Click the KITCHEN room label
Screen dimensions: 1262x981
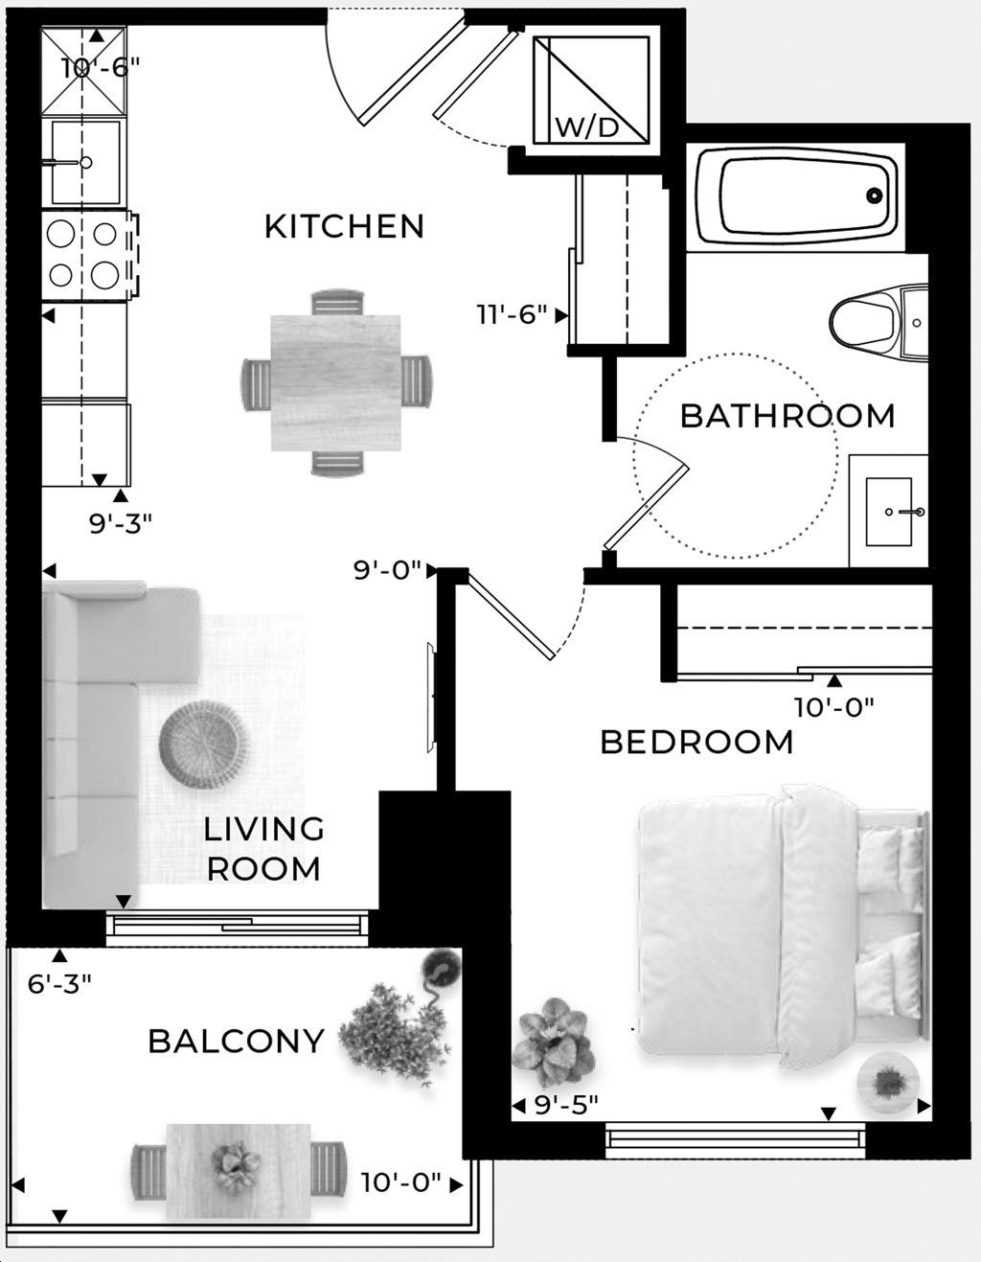coord(344,227)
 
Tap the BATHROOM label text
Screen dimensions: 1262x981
coord(787,416)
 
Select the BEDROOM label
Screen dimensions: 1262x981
coord(696,743)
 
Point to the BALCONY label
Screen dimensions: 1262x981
coord(236,1042)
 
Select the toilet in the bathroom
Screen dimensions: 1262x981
coord(877,321)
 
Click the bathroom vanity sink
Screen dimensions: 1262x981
coord(894,512)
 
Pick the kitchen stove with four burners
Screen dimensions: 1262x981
coord(84,255)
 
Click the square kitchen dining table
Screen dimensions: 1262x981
coord(335,382)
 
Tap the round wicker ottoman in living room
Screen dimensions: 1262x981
coord(203,745)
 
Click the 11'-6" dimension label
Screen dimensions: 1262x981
coord(513,314)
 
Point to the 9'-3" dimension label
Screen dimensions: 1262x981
coord(121,524)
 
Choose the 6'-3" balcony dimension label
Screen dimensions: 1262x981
coord(59,984)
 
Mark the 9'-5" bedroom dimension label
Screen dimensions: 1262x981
coord(565,1106)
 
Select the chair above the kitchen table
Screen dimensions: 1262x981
coord(337,302)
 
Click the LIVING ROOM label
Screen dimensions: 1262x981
coord(263,849)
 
